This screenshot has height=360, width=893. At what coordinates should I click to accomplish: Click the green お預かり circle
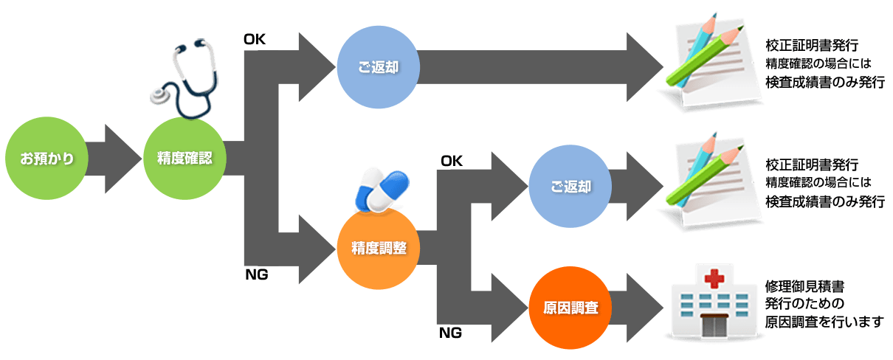pos(46,159)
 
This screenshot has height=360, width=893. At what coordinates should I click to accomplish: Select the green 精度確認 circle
pos(185,159)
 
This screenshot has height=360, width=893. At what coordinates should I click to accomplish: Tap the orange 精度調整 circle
pos(379,248)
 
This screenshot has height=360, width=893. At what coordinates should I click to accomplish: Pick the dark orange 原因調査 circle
pos(570,308)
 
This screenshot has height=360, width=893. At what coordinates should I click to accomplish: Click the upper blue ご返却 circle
pos(379,67)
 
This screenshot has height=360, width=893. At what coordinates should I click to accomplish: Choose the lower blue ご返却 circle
pos(570,186)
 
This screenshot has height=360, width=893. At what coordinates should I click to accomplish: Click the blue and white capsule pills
pos(382,190)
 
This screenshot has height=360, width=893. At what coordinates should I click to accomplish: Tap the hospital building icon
pos(714,302)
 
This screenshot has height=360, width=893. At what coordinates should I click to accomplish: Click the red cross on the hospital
pos(714,278)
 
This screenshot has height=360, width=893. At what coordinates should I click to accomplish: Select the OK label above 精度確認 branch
pos(255,39)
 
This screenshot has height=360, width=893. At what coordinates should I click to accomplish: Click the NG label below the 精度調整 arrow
pos(256,274)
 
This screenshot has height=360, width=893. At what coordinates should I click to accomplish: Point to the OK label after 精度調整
pos(451,161)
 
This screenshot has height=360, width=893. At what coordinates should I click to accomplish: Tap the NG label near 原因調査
pos(450,333)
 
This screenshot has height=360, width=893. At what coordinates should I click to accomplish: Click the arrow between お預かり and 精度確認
pos(114,159)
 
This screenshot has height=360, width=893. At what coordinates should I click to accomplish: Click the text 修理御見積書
pos(804,286)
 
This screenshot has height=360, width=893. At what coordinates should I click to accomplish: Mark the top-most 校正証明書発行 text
pos(812,45)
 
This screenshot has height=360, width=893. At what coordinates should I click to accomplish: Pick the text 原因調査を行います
pos(824,322)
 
